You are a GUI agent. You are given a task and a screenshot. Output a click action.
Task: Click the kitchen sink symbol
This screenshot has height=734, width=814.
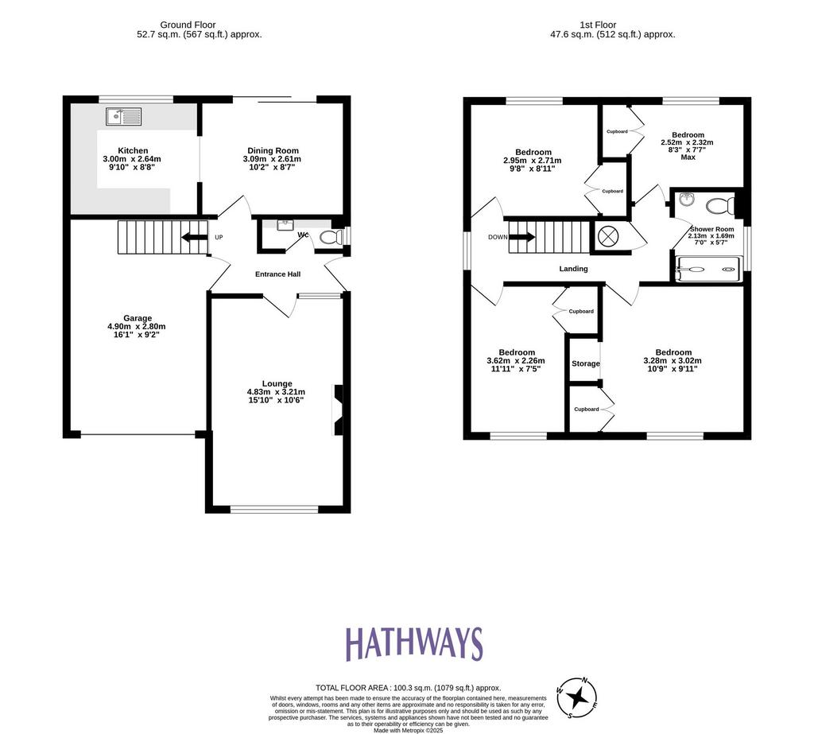click(123, 116)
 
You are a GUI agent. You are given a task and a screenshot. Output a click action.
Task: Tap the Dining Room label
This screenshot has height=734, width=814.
click(273, 150)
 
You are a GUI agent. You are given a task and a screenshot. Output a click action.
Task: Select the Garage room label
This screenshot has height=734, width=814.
click(138, 318)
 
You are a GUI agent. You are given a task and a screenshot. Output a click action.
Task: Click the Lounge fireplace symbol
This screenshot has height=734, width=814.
click(337, 410)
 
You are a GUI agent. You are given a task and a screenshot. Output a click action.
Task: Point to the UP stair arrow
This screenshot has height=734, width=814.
click(194, 238)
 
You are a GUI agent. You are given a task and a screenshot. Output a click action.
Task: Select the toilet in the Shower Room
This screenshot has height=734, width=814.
click(720, 205)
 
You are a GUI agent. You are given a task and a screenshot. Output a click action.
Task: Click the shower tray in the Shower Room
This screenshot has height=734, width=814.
click(709, 270)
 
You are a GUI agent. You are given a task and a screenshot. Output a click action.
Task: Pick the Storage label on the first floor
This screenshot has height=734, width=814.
click(586, 363)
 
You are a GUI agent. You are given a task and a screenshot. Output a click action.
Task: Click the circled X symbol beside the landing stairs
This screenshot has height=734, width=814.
click(608, 237)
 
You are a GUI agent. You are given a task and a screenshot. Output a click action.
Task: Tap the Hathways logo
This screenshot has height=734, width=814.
click(413, 643)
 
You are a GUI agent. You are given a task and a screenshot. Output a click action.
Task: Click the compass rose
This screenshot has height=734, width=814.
click(577, 697)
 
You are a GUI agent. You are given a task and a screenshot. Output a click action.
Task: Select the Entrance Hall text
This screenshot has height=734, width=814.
click(277, 274)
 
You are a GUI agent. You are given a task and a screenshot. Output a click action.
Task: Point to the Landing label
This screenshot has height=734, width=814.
click(574, 269)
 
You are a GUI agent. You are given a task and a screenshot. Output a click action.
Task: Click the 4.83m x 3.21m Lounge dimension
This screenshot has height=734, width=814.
click(276, 392)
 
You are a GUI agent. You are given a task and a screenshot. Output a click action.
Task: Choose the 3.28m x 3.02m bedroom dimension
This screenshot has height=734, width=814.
click(673, 360)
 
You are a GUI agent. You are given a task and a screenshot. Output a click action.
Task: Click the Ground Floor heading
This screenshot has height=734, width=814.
click(188, 25)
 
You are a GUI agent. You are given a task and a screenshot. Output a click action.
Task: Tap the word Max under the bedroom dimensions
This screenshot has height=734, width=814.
click(688, 157)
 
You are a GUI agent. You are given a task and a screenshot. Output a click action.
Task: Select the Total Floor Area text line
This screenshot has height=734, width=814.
click(409, 689)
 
